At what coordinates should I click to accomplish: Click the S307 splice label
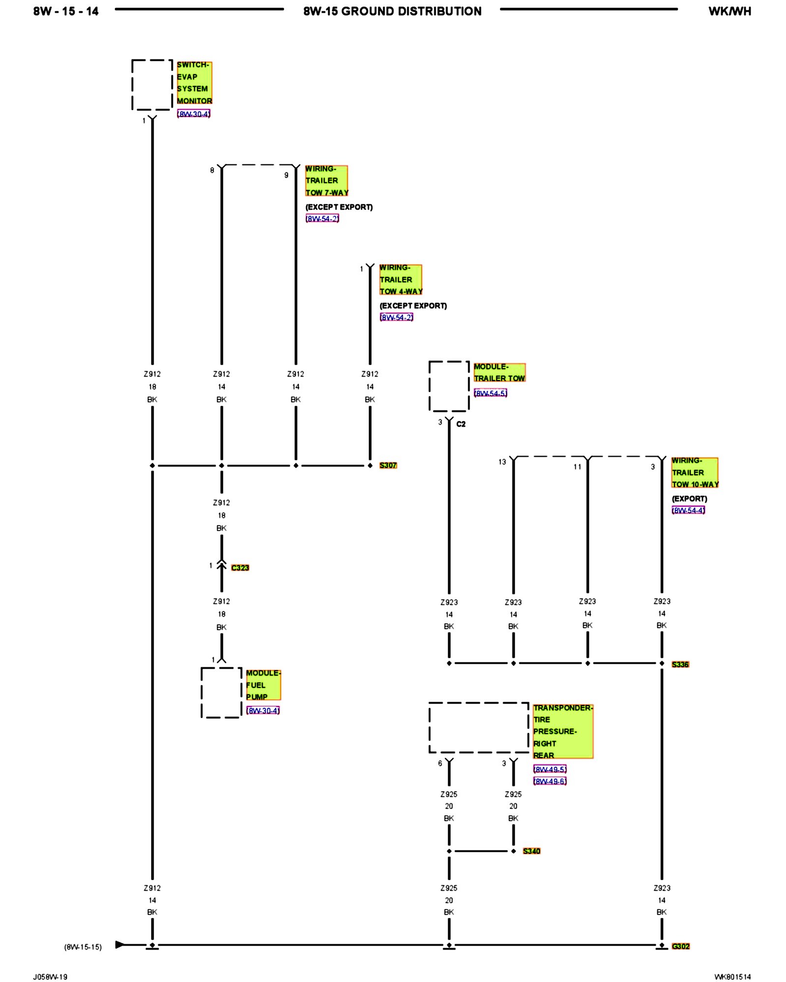click(x=388, y=465)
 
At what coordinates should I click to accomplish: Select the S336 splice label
click(x=680, y=664)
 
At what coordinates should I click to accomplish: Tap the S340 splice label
click(x=531, y=851)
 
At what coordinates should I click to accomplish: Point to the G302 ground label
click(x=680, y=946)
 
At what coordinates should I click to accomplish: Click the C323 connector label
click(x=240, y=568)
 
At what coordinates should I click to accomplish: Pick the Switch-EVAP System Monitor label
click(x=194, y=82)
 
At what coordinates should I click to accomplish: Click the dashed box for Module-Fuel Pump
click(x=222, y=692)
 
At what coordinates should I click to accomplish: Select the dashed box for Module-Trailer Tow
click(x=449, y=386)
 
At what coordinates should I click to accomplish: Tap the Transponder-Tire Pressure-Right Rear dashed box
click(x=479, y=727)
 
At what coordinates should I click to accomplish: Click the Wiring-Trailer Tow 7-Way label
click(x=326, y=181)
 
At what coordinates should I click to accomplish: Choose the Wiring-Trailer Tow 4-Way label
click(x=400, y=279)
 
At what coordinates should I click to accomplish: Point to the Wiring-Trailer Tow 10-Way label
click(x=695, y=472)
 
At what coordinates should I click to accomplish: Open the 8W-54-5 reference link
click(x=490, y=393)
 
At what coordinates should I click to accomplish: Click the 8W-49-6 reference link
click(x=550, y=781)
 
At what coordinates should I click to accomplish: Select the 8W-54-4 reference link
click(x=688, y=510)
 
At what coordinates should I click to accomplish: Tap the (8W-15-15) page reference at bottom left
click(x=83, y=947)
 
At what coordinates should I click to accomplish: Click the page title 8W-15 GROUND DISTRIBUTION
click(x=392, y=11)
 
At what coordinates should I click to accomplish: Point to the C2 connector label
click(x=461, y=424)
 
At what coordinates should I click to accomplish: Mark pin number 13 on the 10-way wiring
click(x=502, y=462)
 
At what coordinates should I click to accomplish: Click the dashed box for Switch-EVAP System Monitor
click(x=152, y=85)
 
